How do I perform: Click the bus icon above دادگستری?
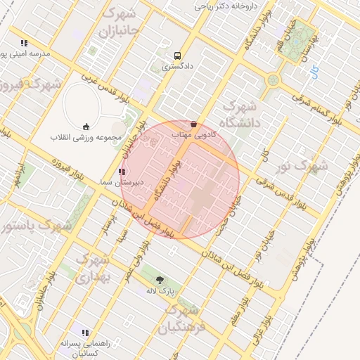click(177, 56)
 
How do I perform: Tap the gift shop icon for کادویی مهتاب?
click(194, 124)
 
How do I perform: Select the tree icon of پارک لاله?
click(160, 279)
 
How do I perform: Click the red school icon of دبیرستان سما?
click(122, 171)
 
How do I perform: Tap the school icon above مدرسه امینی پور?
click(25, 43)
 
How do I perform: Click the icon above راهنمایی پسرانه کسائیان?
click(86, 333)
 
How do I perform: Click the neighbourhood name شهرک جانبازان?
click(120, 22)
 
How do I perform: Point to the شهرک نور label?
click(302, 167)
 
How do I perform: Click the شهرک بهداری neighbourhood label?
click(91, 269)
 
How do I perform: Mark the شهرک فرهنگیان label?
click(180, 319)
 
